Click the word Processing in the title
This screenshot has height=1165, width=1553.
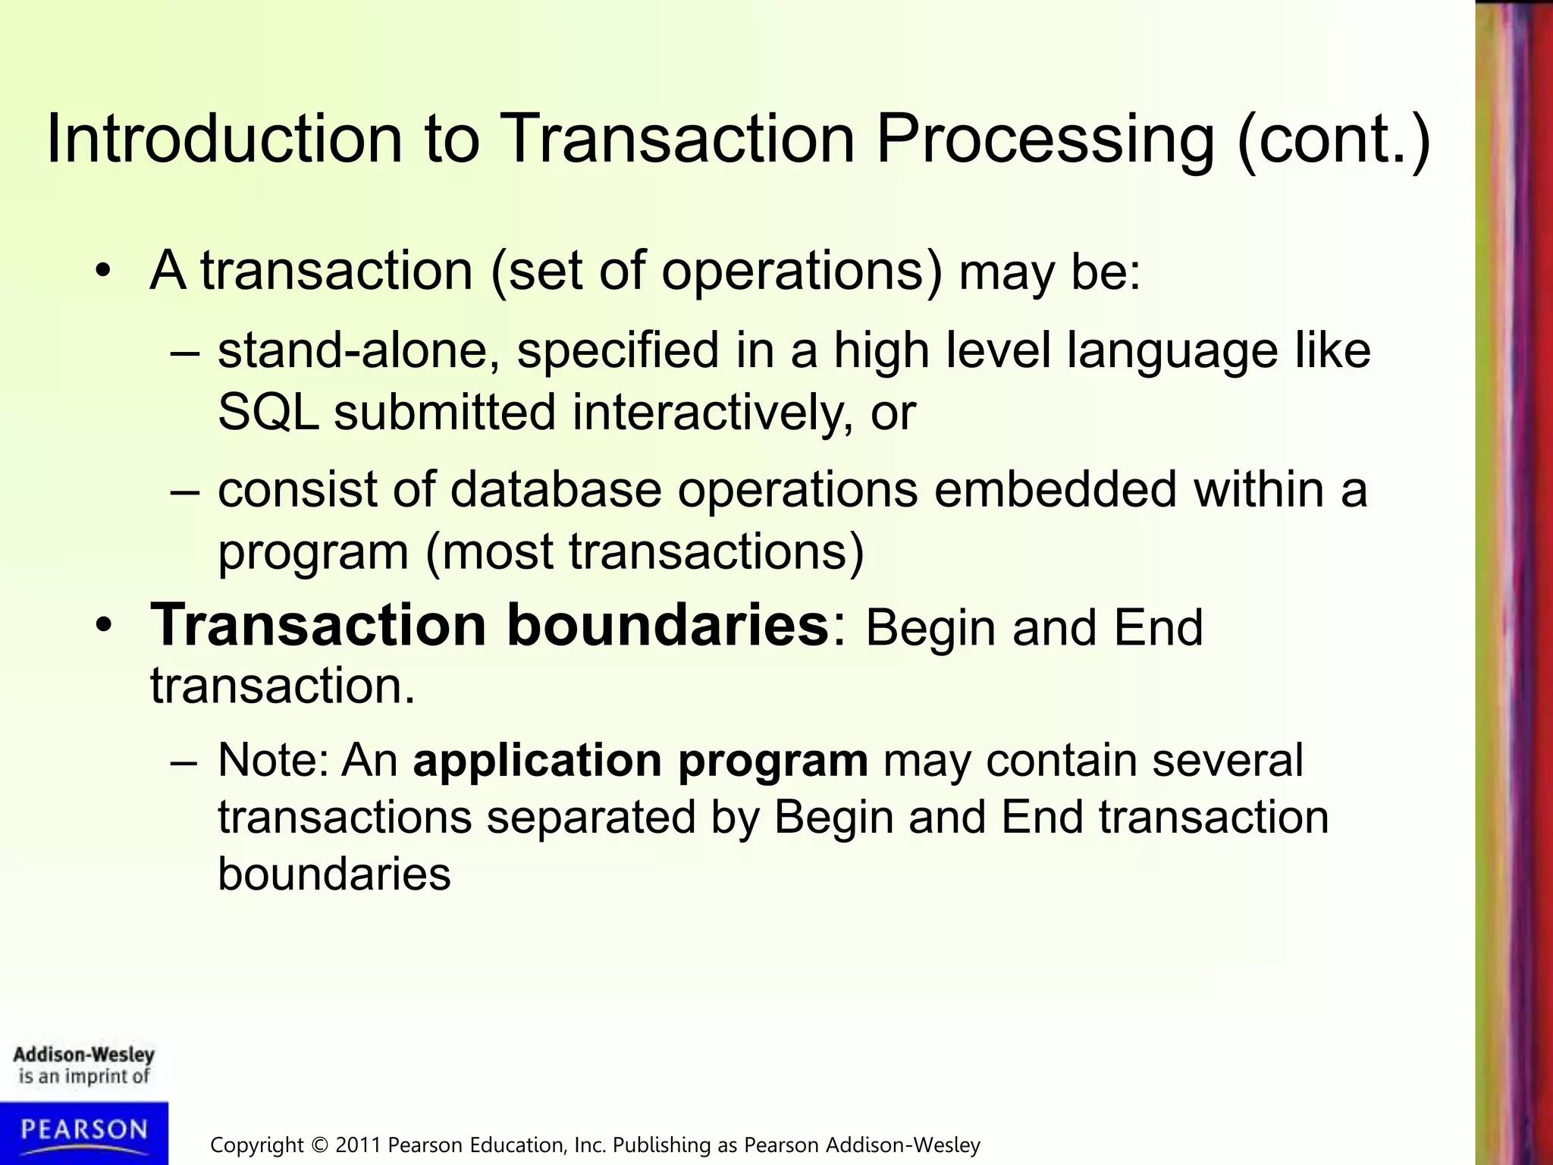pyautogui.click(x=1045, y=141)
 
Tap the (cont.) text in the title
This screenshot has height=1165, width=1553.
pyautogui.click(x=1333, y=141)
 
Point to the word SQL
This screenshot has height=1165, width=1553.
pyautogui.click(x=268, y=413)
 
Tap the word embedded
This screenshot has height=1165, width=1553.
pyautogui.click(x=1056, y=489)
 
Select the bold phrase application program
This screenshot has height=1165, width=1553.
pyautogui.click(x=640, y=760)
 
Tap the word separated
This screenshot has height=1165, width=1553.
pyautogui.click(x=591, y=818)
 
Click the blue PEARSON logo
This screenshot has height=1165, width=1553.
pyautogui.click(x=83, y=1131)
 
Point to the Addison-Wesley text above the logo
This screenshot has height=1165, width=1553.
pyautogui.click(x=83, y=1055)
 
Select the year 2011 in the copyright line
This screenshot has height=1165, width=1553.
pyautogui.click(x=359, y=1145)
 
